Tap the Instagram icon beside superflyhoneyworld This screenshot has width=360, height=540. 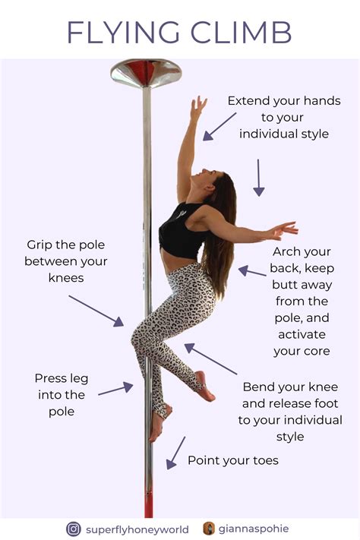(x=74, y=528)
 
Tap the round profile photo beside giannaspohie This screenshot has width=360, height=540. (x=209, y=528)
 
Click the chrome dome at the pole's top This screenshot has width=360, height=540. (x=146, y=73)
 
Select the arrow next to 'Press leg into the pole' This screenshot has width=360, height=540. (x=115, y=390)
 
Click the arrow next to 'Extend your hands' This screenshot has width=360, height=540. (x=219, y=126)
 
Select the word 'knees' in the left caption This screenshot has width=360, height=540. (x=67, y=278)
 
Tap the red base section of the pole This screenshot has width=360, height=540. (x=148, y=497)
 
